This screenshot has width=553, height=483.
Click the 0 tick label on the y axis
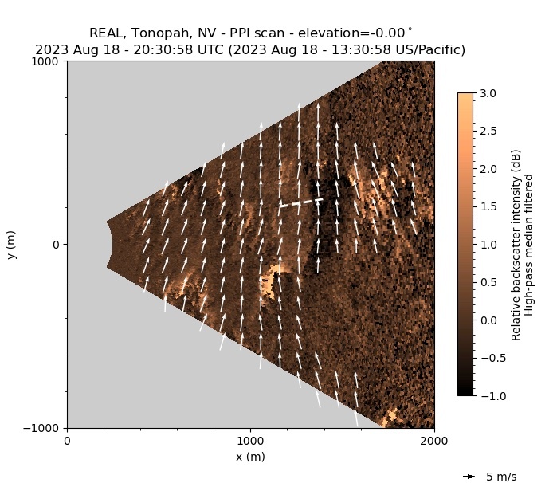click(x=57, y=245)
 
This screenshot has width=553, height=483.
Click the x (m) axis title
click(x=250, y=457)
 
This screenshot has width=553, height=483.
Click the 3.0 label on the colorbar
click(x=489, y=93)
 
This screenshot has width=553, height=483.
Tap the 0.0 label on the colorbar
click(x=489, y=320)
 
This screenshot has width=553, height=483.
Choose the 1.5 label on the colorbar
click(x=489, y=206)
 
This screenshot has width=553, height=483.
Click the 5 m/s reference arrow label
click(x=501, y=477)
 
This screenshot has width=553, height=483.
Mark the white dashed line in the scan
click(x=301, y=202)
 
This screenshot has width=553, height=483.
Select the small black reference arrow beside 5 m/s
click(x=469, y=477)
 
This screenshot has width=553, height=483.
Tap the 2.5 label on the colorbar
click(x=489, y=131)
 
